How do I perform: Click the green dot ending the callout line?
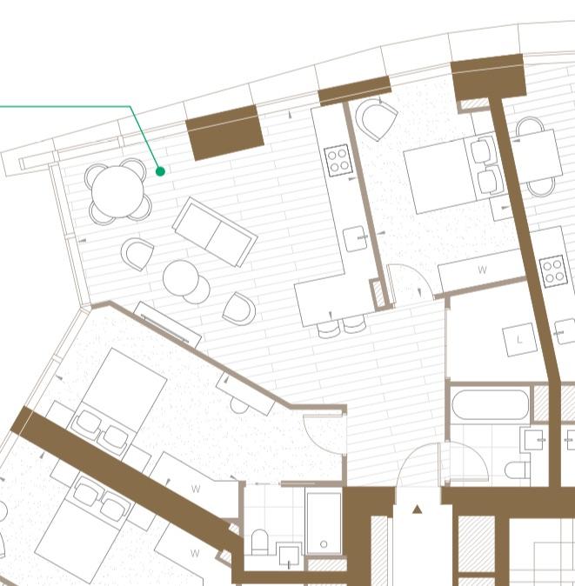[160, 171]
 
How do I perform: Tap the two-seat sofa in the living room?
[215, 232]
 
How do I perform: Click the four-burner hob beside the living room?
[338, 160]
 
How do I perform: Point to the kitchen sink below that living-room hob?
[355, 238]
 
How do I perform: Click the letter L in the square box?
[519, 340]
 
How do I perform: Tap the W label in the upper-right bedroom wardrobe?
[482, 270]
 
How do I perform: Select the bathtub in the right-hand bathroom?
[490, 405]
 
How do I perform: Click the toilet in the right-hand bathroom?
[518, 470]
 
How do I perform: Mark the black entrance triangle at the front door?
[418, 509]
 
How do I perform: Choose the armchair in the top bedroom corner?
[376, 120]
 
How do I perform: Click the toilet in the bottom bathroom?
[260, 543]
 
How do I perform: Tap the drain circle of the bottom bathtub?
[324, 544]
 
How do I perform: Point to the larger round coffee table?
[181, 277]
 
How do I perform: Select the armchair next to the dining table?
[137, 254]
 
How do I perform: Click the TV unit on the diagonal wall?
[168, 324]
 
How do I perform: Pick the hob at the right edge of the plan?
[553, 271]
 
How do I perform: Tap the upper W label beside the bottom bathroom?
[196, 489]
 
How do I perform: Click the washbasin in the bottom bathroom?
[289, 556]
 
